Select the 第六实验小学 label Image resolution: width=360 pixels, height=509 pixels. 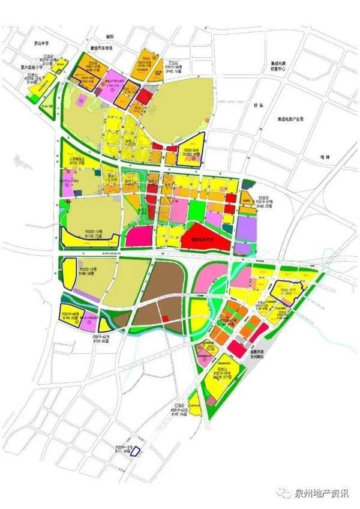pyautogui.click(x=34, y=67)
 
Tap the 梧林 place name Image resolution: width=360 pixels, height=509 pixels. pyautogui.click(x=326, y=157)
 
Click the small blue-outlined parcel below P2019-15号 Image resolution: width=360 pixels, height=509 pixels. pyautogui.click(x=136, y=451)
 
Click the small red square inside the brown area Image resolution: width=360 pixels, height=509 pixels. pyautogui.click(x=164, y=318)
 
